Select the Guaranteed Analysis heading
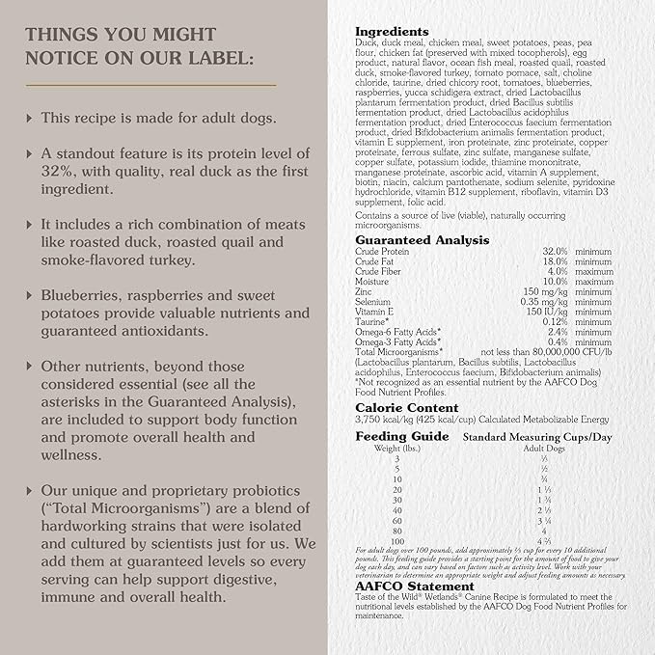pyautogui.click(x=422, y=239)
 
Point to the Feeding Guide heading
pyautogui.click(x=401, y=436)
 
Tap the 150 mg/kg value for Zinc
pyautogui.click(x=546, y=290)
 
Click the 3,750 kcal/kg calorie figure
pyautogui.click(x=385, y=420)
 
